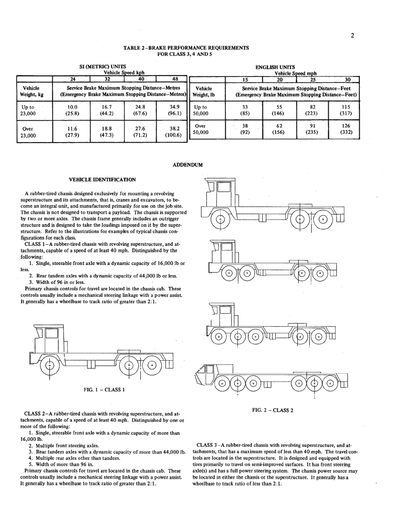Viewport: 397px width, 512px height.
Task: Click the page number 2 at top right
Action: [x=352, y=35]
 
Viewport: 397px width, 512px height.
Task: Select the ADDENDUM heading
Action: [x=188, y=165]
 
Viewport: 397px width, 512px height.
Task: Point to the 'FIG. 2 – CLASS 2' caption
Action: [x=273, y=410]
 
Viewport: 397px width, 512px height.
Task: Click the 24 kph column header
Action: [x=72, y=79]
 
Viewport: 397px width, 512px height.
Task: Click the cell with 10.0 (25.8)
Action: [x=72, y=110]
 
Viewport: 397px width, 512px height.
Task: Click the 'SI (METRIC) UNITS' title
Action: [x=103, y=66]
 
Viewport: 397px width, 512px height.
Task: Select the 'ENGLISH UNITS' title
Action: [x=275, y=67]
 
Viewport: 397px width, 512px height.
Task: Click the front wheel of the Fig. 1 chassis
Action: [x=50, y=365]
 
